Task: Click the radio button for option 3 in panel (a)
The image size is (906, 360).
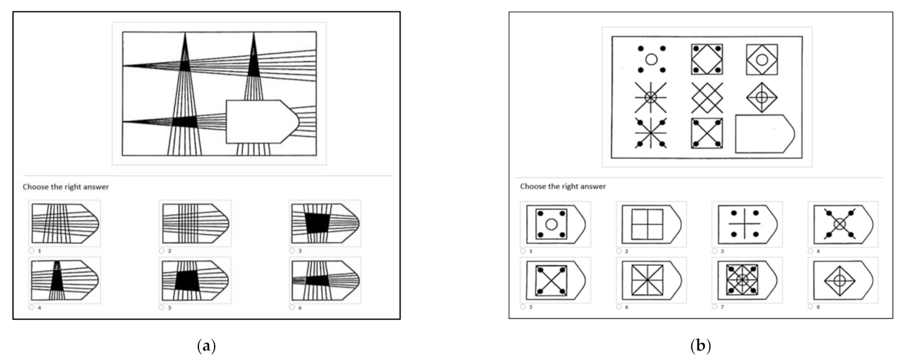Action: point(292,250)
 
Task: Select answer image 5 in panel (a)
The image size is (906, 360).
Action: point(195,280)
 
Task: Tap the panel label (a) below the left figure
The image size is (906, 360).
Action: point(207,346)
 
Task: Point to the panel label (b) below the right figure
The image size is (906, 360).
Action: point(701,346)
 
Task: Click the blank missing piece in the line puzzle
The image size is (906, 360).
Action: point(262,121)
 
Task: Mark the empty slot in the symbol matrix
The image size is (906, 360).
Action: point(764,134)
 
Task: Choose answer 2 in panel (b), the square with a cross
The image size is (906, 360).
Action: point(651,224)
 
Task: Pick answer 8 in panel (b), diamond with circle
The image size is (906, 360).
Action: point(843,280)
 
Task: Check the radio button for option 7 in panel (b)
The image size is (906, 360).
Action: point(715,307)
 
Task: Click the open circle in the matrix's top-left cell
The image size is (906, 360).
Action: point(651,59)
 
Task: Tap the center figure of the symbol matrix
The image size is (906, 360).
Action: point(706,98)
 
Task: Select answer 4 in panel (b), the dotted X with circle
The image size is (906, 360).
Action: point(843,224)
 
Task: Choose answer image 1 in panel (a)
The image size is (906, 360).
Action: point(65,223)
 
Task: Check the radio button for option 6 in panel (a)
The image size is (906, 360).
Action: point(292,307)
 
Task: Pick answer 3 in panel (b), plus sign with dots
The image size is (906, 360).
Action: point(747,224)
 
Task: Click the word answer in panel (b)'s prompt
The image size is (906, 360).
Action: point(593,186)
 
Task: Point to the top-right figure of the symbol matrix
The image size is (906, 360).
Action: point(762,59)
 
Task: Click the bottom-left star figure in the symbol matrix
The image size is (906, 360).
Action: point(650,133)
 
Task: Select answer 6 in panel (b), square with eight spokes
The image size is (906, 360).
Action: point(651,280)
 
